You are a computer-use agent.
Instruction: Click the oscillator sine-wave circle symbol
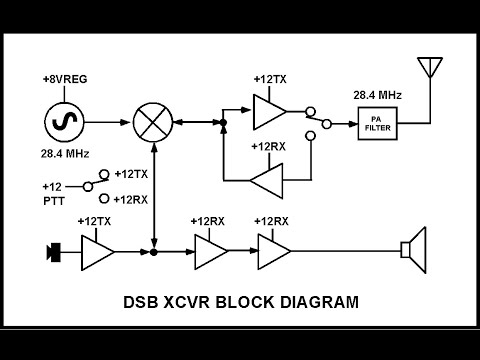point(63,123)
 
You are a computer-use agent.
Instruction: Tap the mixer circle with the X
point(154,123)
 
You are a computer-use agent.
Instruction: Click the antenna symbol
point(429,68)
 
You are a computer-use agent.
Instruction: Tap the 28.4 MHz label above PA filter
point(377,95)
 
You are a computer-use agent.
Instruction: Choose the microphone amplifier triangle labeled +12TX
point(97,251)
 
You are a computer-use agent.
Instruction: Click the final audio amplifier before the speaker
point(273,251)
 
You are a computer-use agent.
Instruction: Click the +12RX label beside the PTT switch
point(131,199)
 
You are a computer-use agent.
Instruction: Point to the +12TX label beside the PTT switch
point(131,174)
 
